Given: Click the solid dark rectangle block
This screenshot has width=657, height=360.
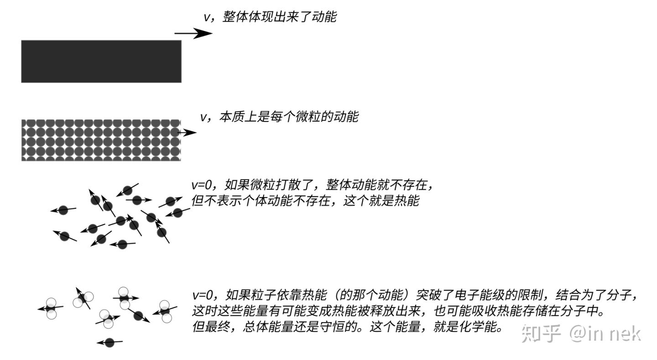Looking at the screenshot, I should click(x=101, y=61).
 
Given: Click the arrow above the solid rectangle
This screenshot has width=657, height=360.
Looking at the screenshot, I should click(x=193, y=33).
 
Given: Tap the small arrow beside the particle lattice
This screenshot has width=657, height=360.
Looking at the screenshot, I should click(x=188, y=133).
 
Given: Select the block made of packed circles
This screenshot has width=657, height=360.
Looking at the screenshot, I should click(x=101, y=140).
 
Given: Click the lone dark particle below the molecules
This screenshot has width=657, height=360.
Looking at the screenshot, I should click(x=109, y=342).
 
